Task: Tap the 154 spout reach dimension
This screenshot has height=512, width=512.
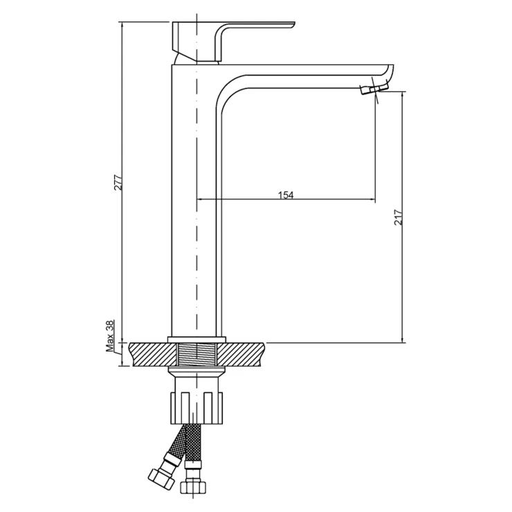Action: pyautogui.click(x=286, y=195)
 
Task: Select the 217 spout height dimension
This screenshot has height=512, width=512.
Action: pyautogui.click(x=399, y=217)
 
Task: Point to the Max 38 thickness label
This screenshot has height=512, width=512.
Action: pyautogui.click(x=110, y=336)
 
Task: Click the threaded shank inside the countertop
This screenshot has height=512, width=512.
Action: pyautogui.click(x=196, y=354)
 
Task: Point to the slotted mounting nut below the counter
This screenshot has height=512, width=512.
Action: pyautogui.click(x=196, y=408)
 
